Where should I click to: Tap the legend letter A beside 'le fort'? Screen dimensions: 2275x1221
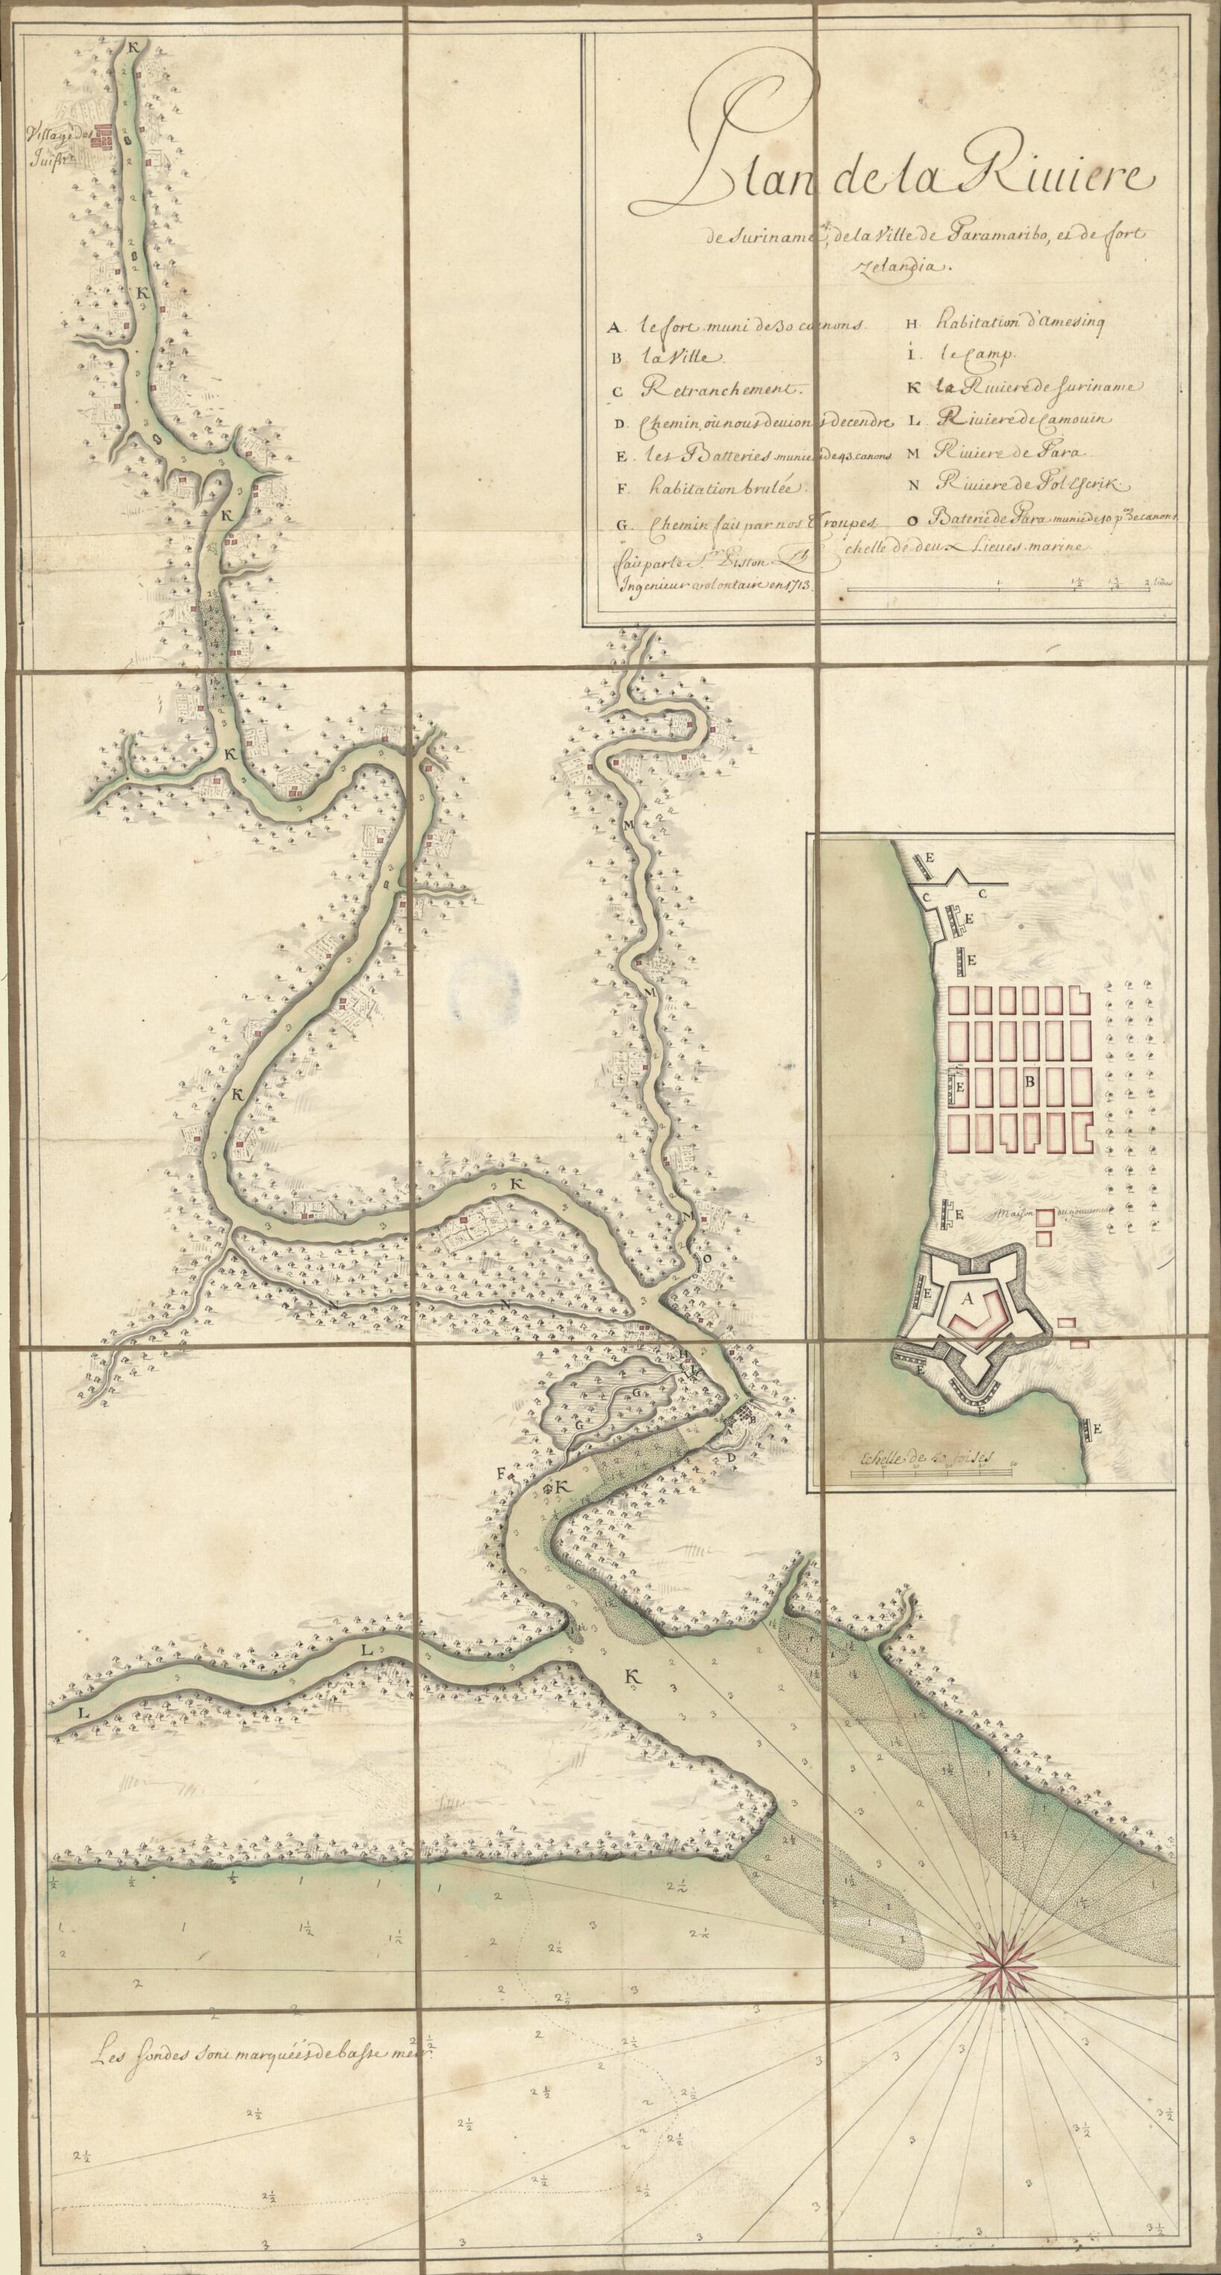(612, 327)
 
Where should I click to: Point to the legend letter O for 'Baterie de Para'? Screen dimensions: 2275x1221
(911, 519)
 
